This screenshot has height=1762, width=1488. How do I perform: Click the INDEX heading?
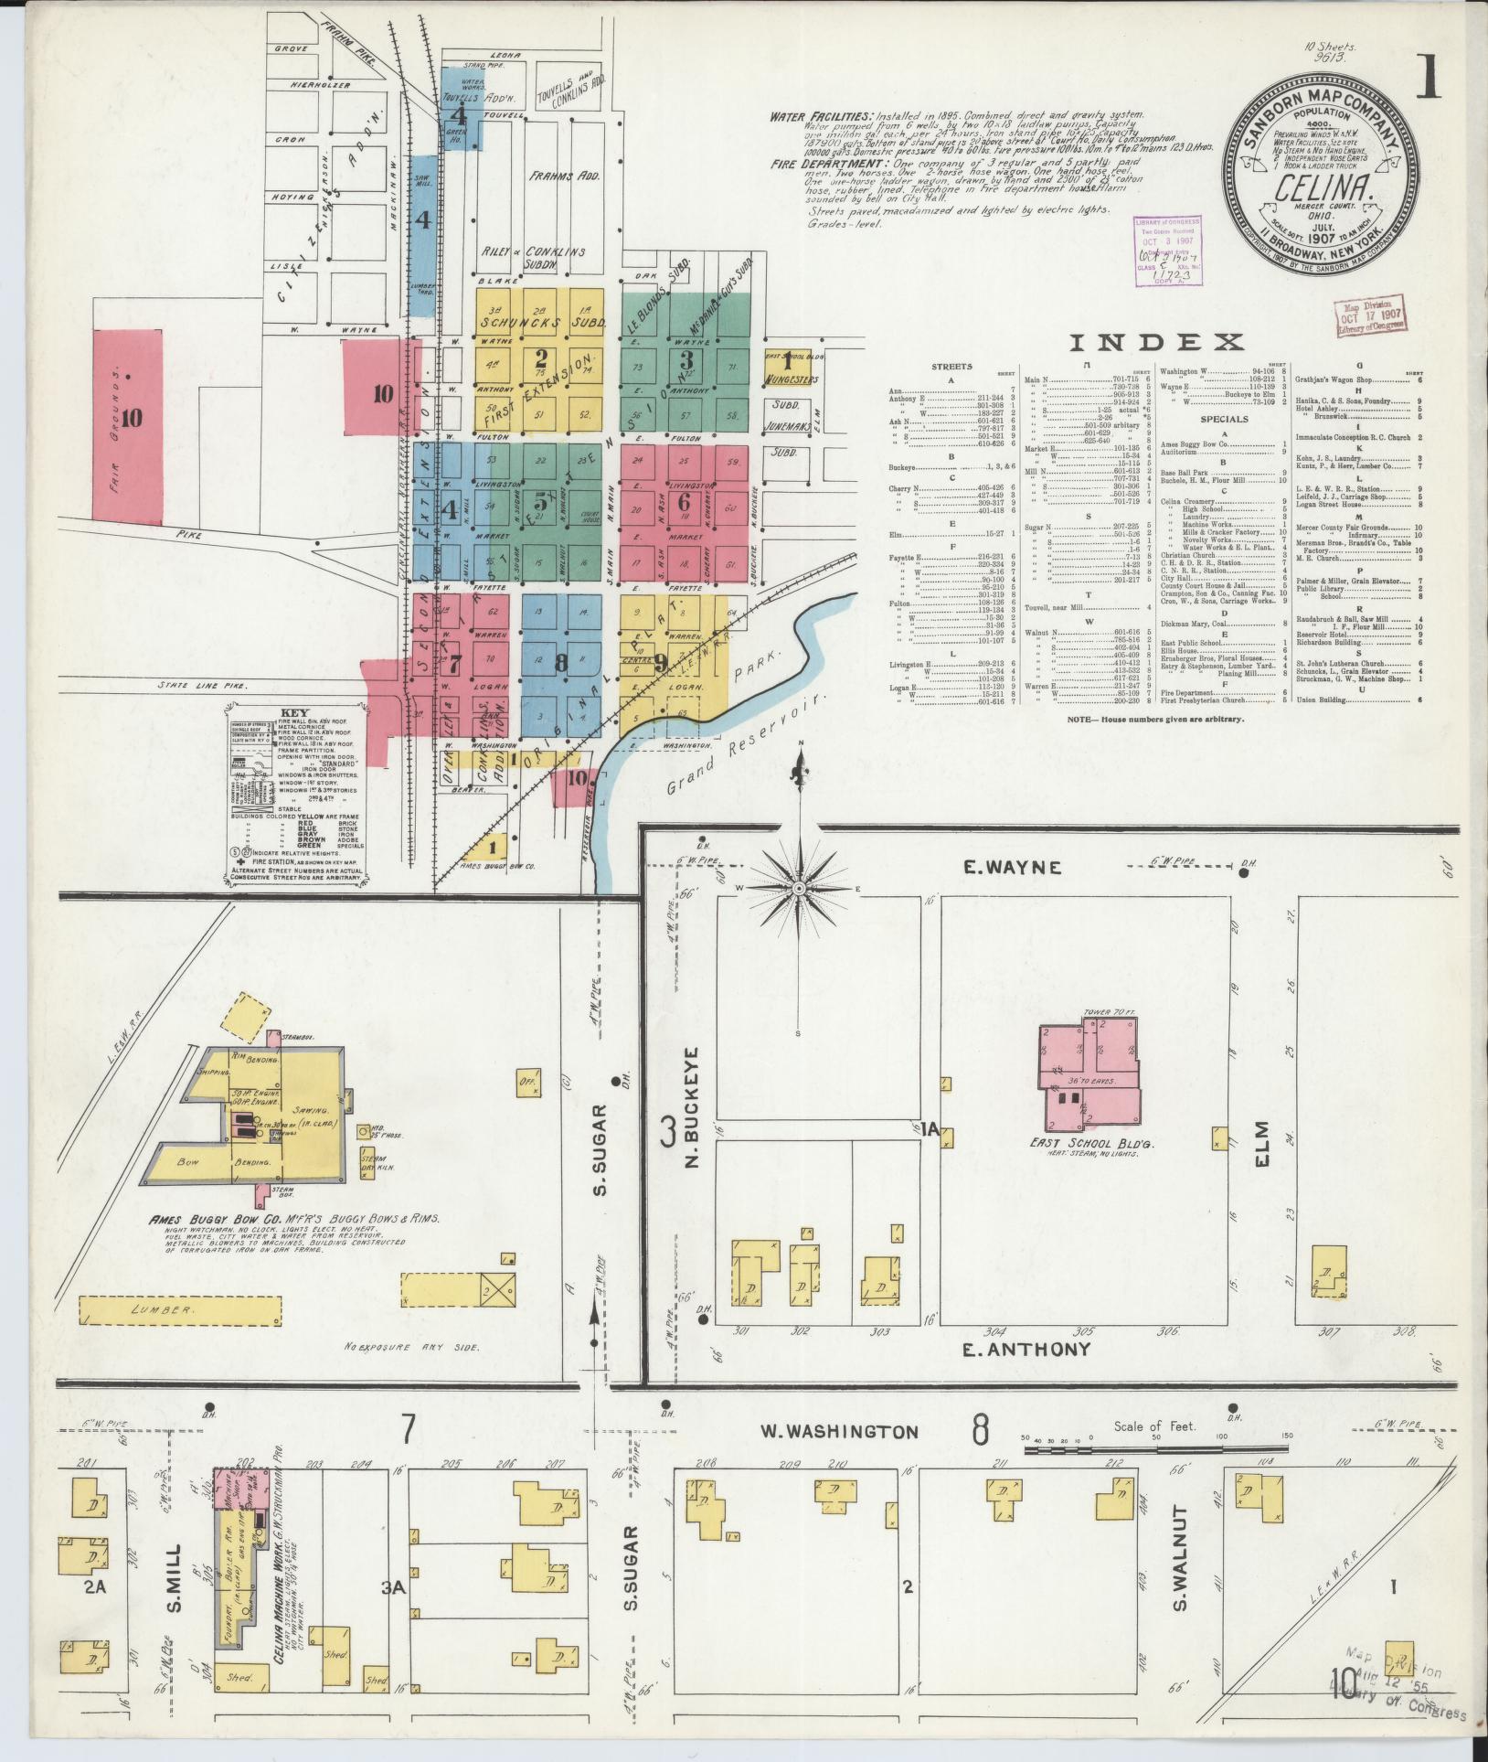click(1156, 343)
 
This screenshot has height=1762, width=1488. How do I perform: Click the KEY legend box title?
click(296, 713)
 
